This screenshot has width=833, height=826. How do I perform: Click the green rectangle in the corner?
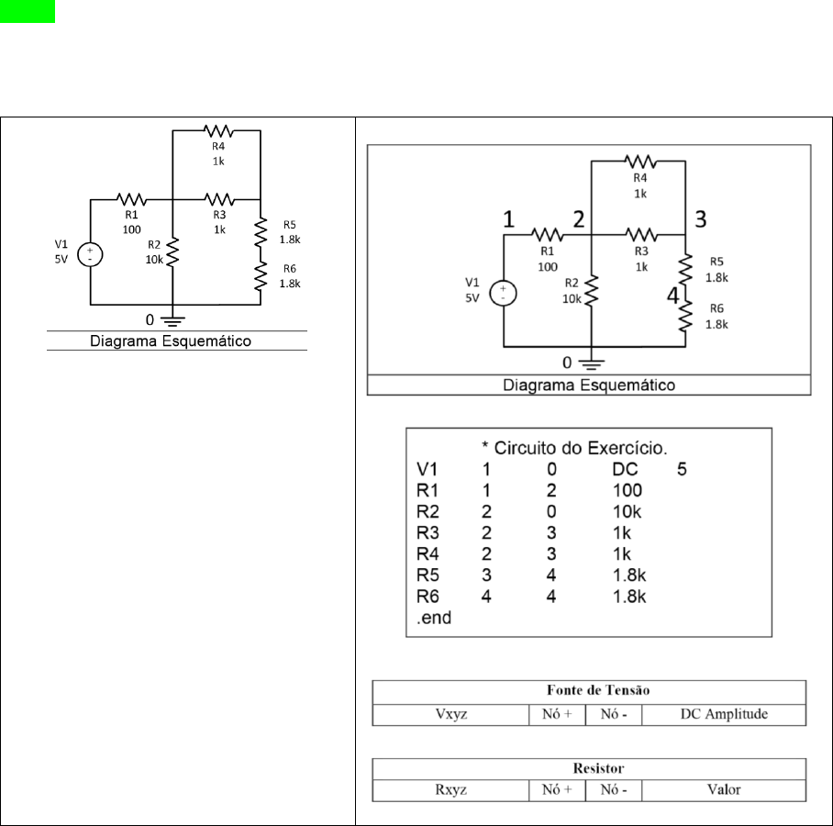(x=28, y=11)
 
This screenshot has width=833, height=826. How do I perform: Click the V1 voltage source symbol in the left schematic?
(x=90, y=254)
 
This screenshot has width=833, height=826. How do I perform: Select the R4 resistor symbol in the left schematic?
(x=218, y=130)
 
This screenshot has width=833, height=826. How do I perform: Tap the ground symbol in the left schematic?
(x=172, y=320)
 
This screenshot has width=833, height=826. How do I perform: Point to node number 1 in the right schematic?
(x=508, y=219)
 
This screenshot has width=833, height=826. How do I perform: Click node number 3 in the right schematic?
(x=701, y=219)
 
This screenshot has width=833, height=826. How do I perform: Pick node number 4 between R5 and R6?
(x=673, y=296)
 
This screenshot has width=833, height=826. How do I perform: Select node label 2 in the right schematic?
(x=579, y=219)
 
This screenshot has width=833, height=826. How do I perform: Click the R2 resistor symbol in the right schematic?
(x=592, y=291)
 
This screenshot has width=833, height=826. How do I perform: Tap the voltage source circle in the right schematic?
(x=503, y=294)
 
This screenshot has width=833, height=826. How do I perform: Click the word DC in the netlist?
(x=625, y=469)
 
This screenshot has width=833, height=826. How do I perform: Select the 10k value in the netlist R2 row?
(x=627, y=512)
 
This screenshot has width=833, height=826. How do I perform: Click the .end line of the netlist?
(x=434, y=618)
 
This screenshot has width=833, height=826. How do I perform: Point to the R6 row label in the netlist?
(x=428, y=597)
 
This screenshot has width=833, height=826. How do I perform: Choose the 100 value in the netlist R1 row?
(x=628, y=491)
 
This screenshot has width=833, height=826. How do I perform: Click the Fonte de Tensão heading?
(x=598, y=690)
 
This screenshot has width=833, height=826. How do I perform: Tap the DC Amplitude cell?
(x=724, y=714)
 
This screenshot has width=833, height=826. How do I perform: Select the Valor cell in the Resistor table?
(x=724, y=790)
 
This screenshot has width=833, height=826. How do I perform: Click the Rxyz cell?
(x=451, y=790)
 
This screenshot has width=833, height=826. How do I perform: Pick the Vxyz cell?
(x=451, y=714)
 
